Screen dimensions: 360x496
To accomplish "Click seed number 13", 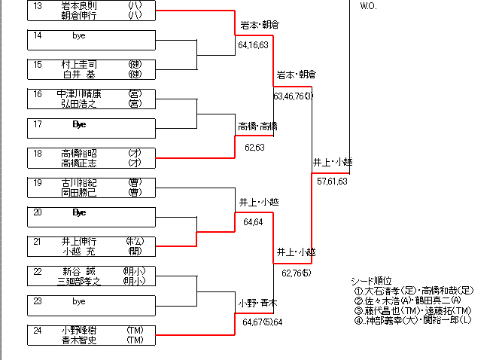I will click(x=38, y=6).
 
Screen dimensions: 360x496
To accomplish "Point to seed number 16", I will click(x=38, y=94).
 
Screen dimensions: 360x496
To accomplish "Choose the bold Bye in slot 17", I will click(x=80, y=124).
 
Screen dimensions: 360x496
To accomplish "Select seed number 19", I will click(x=38, y=182).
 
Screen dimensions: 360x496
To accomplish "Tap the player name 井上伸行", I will click(x=79, y=241).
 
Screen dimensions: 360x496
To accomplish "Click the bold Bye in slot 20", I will click(x=80, y=212).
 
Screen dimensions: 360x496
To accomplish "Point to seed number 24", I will click(x=38, y=330).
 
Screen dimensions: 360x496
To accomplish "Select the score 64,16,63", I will click(x=253, y=45).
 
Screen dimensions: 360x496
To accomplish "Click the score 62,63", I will click(x=254, y=148).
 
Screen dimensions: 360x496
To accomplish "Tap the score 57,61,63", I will click(x=332, y=182).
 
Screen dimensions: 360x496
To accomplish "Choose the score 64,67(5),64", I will click(x=262, y=322).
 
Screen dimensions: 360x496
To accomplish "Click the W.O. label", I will click(x=368, y=6).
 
